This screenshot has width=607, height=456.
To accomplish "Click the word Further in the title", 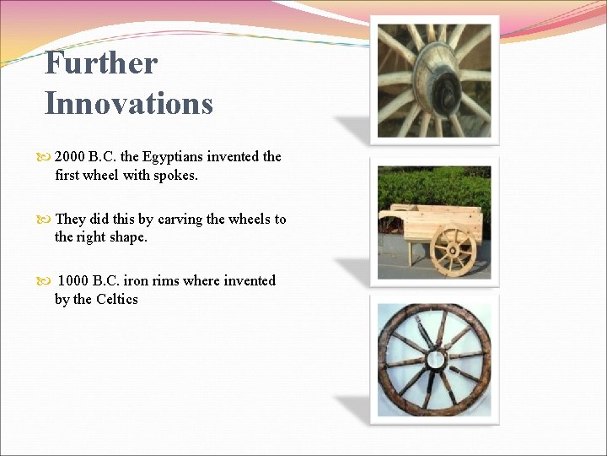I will [x=100, y=62].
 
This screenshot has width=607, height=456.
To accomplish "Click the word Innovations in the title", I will [x=128, y=104].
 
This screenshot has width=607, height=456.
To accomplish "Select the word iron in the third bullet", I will [x=137, y=280].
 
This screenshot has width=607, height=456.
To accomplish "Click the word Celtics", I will [x=117, y=299].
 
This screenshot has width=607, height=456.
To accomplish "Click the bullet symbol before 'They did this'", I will [x=46, y=220].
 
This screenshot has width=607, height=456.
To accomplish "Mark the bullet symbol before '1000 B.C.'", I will [x=46, y=281].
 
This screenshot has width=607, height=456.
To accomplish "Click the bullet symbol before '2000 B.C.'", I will [x=46, y=157].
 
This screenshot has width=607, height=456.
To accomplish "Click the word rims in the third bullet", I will [x=165, y=280].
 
